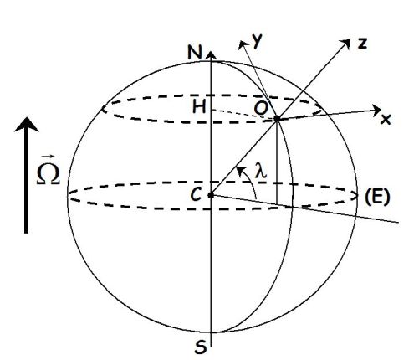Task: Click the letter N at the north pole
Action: (194, 52)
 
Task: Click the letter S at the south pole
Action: (201, 347)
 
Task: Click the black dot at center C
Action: (211, 195)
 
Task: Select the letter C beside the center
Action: (196, 194)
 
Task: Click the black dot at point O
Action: (277, 119)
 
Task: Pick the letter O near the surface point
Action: (261, 108)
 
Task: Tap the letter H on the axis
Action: (199, 107)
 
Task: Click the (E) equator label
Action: (376, 198)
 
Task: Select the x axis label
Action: (386, 120)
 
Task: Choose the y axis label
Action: (257, 42)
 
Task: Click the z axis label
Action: (362, 44)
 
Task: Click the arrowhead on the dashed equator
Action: (355, 196)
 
